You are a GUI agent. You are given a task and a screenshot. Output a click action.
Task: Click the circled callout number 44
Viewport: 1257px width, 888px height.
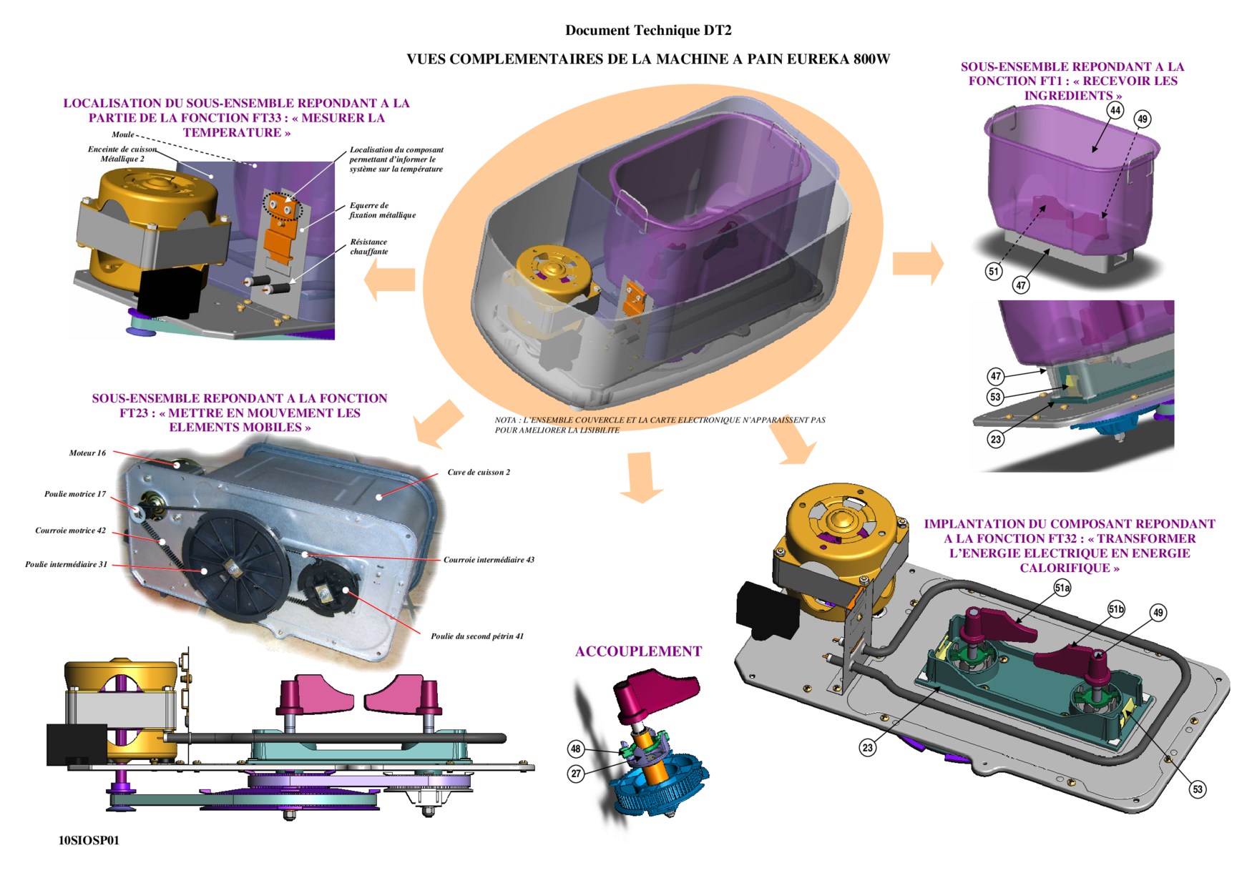click(1115, 110)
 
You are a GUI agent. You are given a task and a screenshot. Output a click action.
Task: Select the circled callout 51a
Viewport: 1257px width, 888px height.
click(1062, 588)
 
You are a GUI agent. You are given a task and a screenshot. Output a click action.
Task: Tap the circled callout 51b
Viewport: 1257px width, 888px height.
click(1116, 609)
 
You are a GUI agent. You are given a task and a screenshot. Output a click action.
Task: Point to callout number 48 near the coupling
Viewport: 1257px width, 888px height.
click(576, 749)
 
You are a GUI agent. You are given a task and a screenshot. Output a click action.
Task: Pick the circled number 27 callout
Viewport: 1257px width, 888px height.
click(576, 773)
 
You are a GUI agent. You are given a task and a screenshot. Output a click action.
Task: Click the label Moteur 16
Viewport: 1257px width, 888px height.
click(87, 453)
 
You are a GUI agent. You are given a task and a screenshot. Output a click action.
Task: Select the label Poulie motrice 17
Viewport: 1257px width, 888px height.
click(75, 494)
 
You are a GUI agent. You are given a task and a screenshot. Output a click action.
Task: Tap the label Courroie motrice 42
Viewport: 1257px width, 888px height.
click(70, 531)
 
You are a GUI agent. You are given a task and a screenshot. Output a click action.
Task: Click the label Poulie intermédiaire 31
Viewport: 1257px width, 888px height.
click(66, 564)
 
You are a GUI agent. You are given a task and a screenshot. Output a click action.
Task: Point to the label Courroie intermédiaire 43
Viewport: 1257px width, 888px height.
click(489, 560)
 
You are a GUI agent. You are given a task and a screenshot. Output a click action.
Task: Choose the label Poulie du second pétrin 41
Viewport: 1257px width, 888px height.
click(477, 636)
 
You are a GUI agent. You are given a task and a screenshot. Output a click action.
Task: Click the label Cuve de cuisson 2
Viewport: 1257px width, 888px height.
click(479, 472)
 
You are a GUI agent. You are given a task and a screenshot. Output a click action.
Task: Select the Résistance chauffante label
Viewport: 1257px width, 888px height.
click(368, 247)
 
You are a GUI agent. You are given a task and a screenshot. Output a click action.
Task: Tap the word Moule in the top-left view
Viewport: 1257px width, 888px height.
click(122, 134)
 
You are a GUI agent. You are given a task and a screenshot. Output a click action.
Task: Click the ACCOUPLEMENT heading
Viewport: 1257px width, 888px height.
click(638, 651)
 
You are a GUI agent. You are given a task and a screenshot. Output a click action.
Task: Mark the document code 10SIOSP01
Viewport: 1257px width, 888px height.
click(89, 841)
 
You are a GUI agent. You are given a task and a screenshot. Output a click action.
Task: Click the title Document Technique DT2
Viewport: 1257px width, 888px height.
click(648, 30)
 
